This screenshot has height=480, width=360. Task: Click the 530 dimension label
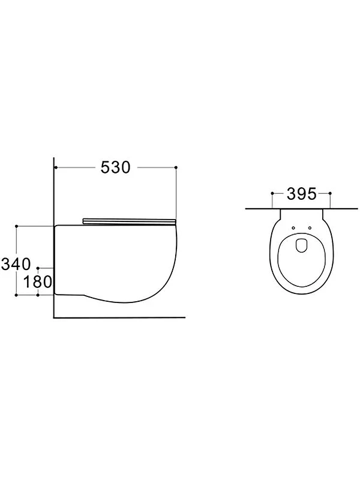116,167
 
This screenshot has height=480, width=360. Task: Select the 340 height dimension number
16,264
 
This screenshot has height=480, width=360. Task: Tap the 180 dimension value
38,281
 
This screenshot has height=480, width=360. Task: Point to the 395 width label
301,194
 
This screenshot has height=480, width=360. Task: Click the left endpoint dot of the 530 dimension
56,167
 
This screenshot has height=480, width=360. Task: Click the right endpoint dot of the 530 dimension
176,167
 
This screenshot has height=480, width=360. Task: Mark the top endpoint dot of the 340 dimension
17,226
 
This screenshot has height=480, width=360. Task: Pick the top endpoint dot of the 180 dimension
38,268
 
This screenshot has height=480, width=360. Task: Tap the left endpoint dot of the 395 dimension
272,193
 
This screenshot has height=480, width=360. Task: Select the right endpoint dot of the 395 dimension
330,193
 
